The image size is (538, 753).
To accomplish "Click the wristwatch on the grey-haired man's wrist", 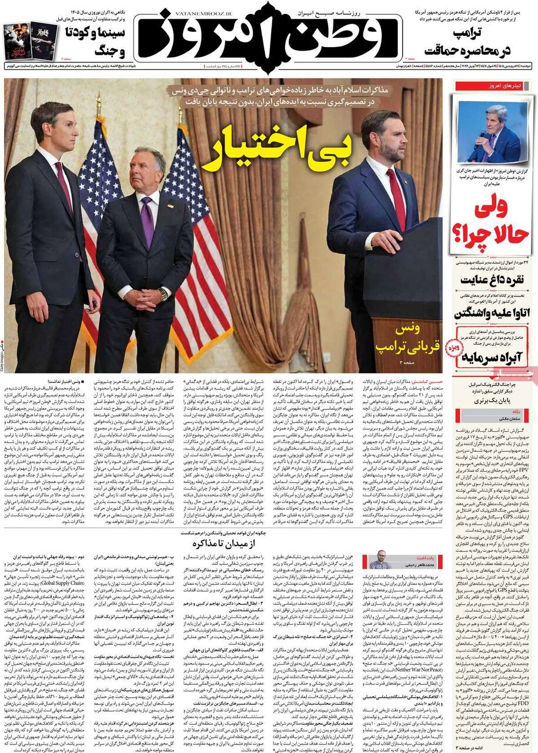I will pyautogui.click(x=163, y=294).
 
